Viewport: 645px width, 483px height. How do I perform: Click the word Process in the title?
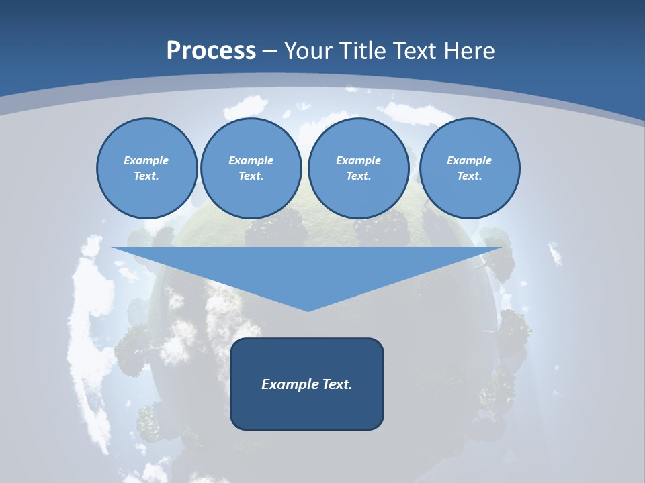[211, 51]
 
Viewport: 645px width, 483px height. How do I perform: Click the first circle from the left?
[146, 168]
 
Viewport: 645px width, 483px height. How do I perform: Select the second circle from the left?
[251, 168]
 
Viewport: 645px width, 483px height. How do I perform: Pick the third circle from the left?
[358, 168]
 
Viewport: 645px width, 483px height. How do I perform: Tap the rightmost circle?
[470, 168]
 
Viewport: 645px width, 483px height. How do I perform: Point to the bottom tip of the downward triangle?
[308, 310]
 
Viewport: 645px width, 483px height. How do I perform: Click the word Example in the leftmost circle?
[146, 160]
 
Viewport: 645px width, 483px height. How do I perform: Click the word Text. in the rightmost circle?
[470, 176]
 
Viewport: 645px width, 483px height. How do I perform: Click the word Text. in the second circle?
[251, 176]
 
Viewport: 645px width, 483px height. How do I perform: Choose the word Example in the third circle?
[358, 160]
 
